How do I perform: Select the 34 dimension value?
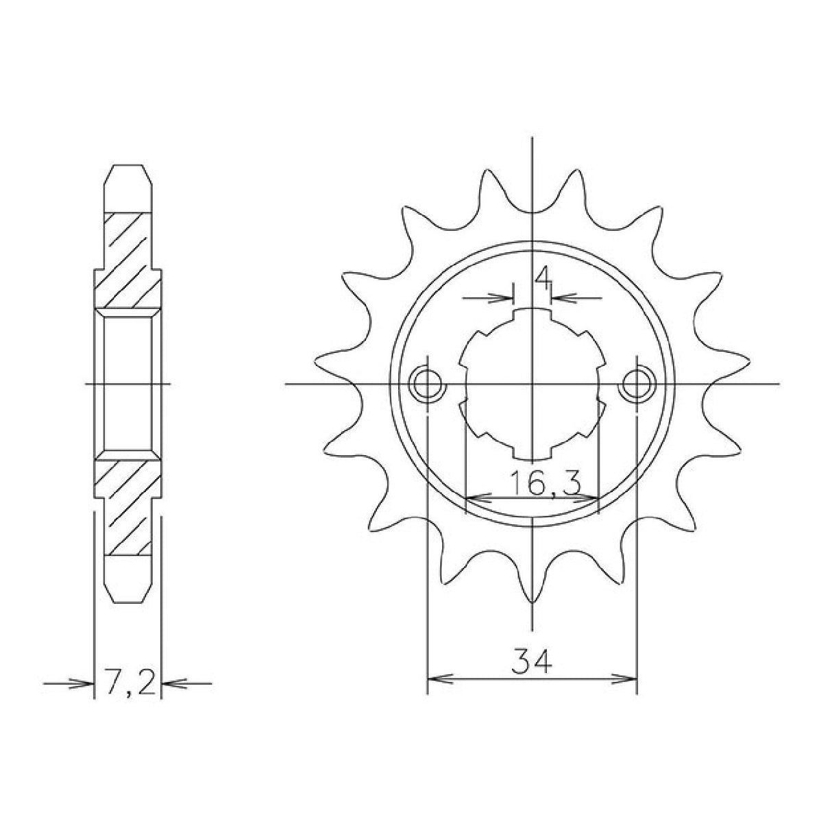[532, 663]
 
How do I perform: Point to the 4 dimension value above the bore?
[543, 278]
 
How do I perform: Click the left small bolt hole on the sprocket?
[427, 384]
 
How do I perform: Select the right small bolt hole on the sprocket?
[637, 384]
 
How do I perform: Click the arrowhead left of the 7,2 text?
[85, 683]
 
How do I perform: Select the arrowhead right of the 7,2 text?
[169, 683]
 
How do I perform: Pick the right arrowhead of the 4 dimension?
[559, 298]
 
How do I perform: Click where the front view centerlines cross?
[532, 384]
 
